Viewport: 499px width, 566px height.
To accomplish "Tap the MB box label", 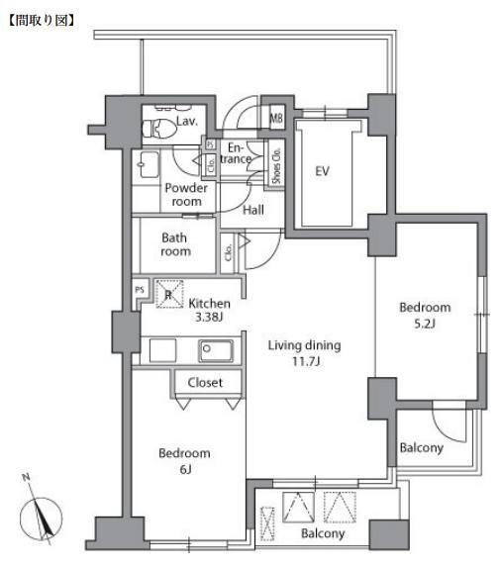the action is [276, 118].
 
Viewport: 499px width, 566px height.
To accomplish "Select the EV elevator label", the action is [322, 170].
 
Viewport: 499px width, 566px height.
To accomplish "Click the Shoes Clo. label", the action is [276, 165].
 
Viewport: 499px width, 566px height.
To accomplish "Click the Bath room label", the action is [175, 244].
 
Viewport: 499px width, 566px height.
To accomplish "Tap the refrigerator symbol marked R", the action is [169, 294].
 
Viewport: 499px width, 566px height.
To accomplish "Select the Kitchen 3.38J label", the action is [209, 310].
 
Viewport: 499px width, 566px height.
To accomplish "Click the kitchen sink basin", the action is [215, 350].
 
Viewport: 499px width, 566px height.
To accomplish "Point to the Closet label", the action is [205, 382].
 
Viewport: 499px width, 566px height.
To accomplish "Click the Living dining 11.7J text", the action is [304, 353].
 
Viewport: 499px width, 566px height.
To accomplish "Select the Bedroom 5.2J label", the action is [425, 315].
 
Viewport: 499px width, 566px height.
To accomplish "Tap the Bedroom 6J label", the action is [184, 461].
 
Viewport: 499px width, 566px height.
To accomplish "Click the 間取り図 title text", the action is [42, 20].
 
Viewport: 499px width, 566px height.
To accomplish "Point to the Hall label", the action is [253, 210].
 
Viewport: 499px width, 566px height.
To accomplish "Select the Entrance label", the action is [236, 153].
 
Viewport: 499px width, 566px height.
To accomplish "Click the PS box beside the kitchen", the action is [140, 289].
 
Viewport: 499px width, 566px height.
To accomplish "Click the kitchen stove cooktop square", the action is [162, 350].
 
